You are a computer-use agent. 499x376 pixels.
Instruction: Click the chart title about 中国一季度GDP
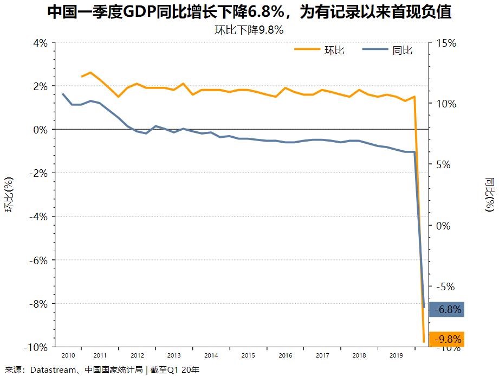249,12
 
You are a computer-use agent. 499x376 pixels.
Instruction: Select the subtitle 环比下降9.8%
249,30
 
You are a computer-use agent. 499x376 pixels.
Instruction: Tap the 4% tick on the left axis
41,43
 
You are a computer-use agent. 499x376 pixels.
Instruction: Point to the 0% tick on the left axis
41,130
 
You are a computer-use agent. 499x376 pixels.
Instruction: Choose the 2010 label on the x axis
68,356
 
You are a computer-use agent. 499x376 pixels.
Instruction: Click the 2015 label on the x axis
248,356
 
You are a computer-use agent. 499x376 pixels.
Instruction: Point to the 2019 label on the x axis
397,356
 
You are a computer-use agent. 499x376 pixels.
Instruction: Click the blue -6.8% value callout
446,310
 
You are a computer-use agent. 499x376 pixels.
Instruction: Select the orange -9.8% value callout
446,340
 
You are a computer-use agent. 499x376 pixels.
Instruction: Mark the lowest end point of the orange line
424,342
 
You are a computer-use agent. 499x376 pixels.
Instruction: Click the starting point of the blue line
63,94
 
